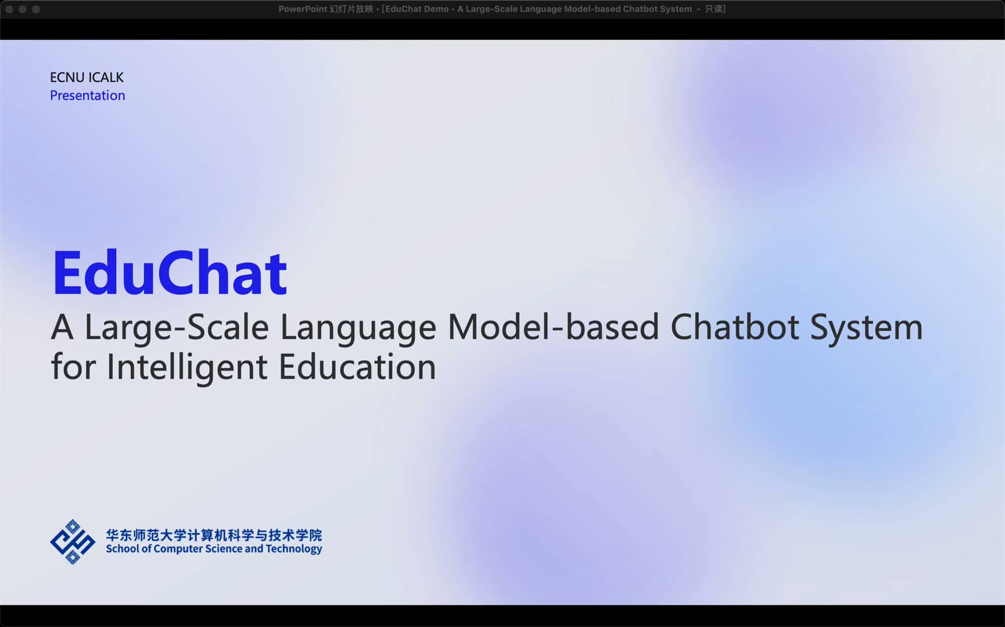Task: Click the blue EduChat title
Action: pyautogui.click(x=169, y=273)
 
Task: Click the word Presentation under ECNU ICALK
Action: pyautogui.click(x=87, y=95)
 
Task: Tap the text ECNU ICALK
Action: pyautogui.click(x=87, y=77)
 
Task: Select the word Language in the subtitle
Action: pyautogui.click(x=358, y=327)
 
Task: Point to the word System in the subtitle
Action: pyautogui.click(x=866, y=327)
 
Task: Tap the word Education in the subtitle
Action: pyautogui.click(x=357, y=367)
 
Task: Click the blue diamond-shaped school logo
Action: pyautogui.click(x=73, y=542)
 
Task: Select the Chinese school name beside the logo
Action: pyautogui.click(x=214, y=535)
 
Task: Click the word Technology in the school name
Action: pyautogui.click(x=293, y=549)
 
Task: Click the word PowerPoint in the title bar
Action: pyautogui.click(x=302, y=9)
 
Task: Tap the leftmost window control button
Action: pyautogui.click(x=9, y=9)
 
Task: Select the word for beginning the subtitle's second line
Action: pyautogui.click(x=73, y=367)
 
